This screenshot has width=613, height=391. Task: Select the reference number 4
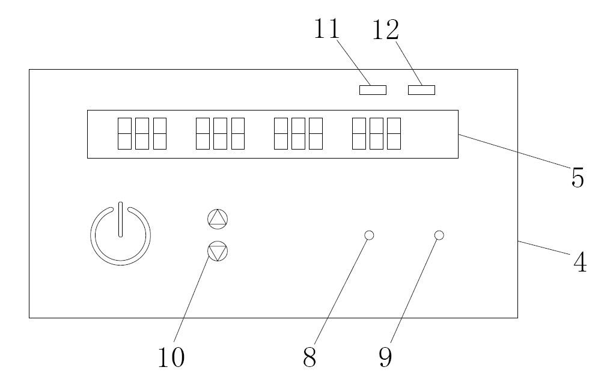point(579,262)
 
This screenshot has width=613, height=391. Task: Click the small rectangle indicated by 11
point(373,90)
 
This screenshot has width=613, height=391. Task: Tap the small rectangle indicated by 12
point(421,90)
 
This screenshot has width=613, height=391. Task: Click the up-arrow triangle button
point(218,219)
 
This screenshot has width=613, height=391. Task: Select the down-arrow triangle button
point(218,252)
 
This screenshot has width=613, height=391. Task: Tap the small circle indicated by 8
point(370,235)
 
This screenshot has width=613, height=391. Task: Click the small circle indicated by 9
point(439,235)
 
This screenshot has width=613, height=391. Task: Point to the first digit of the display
point(124,133)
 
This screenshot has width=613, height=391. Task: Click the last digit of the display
point(394,133)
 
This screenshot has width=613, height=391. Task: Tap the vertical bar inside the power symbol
point(120,219)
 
